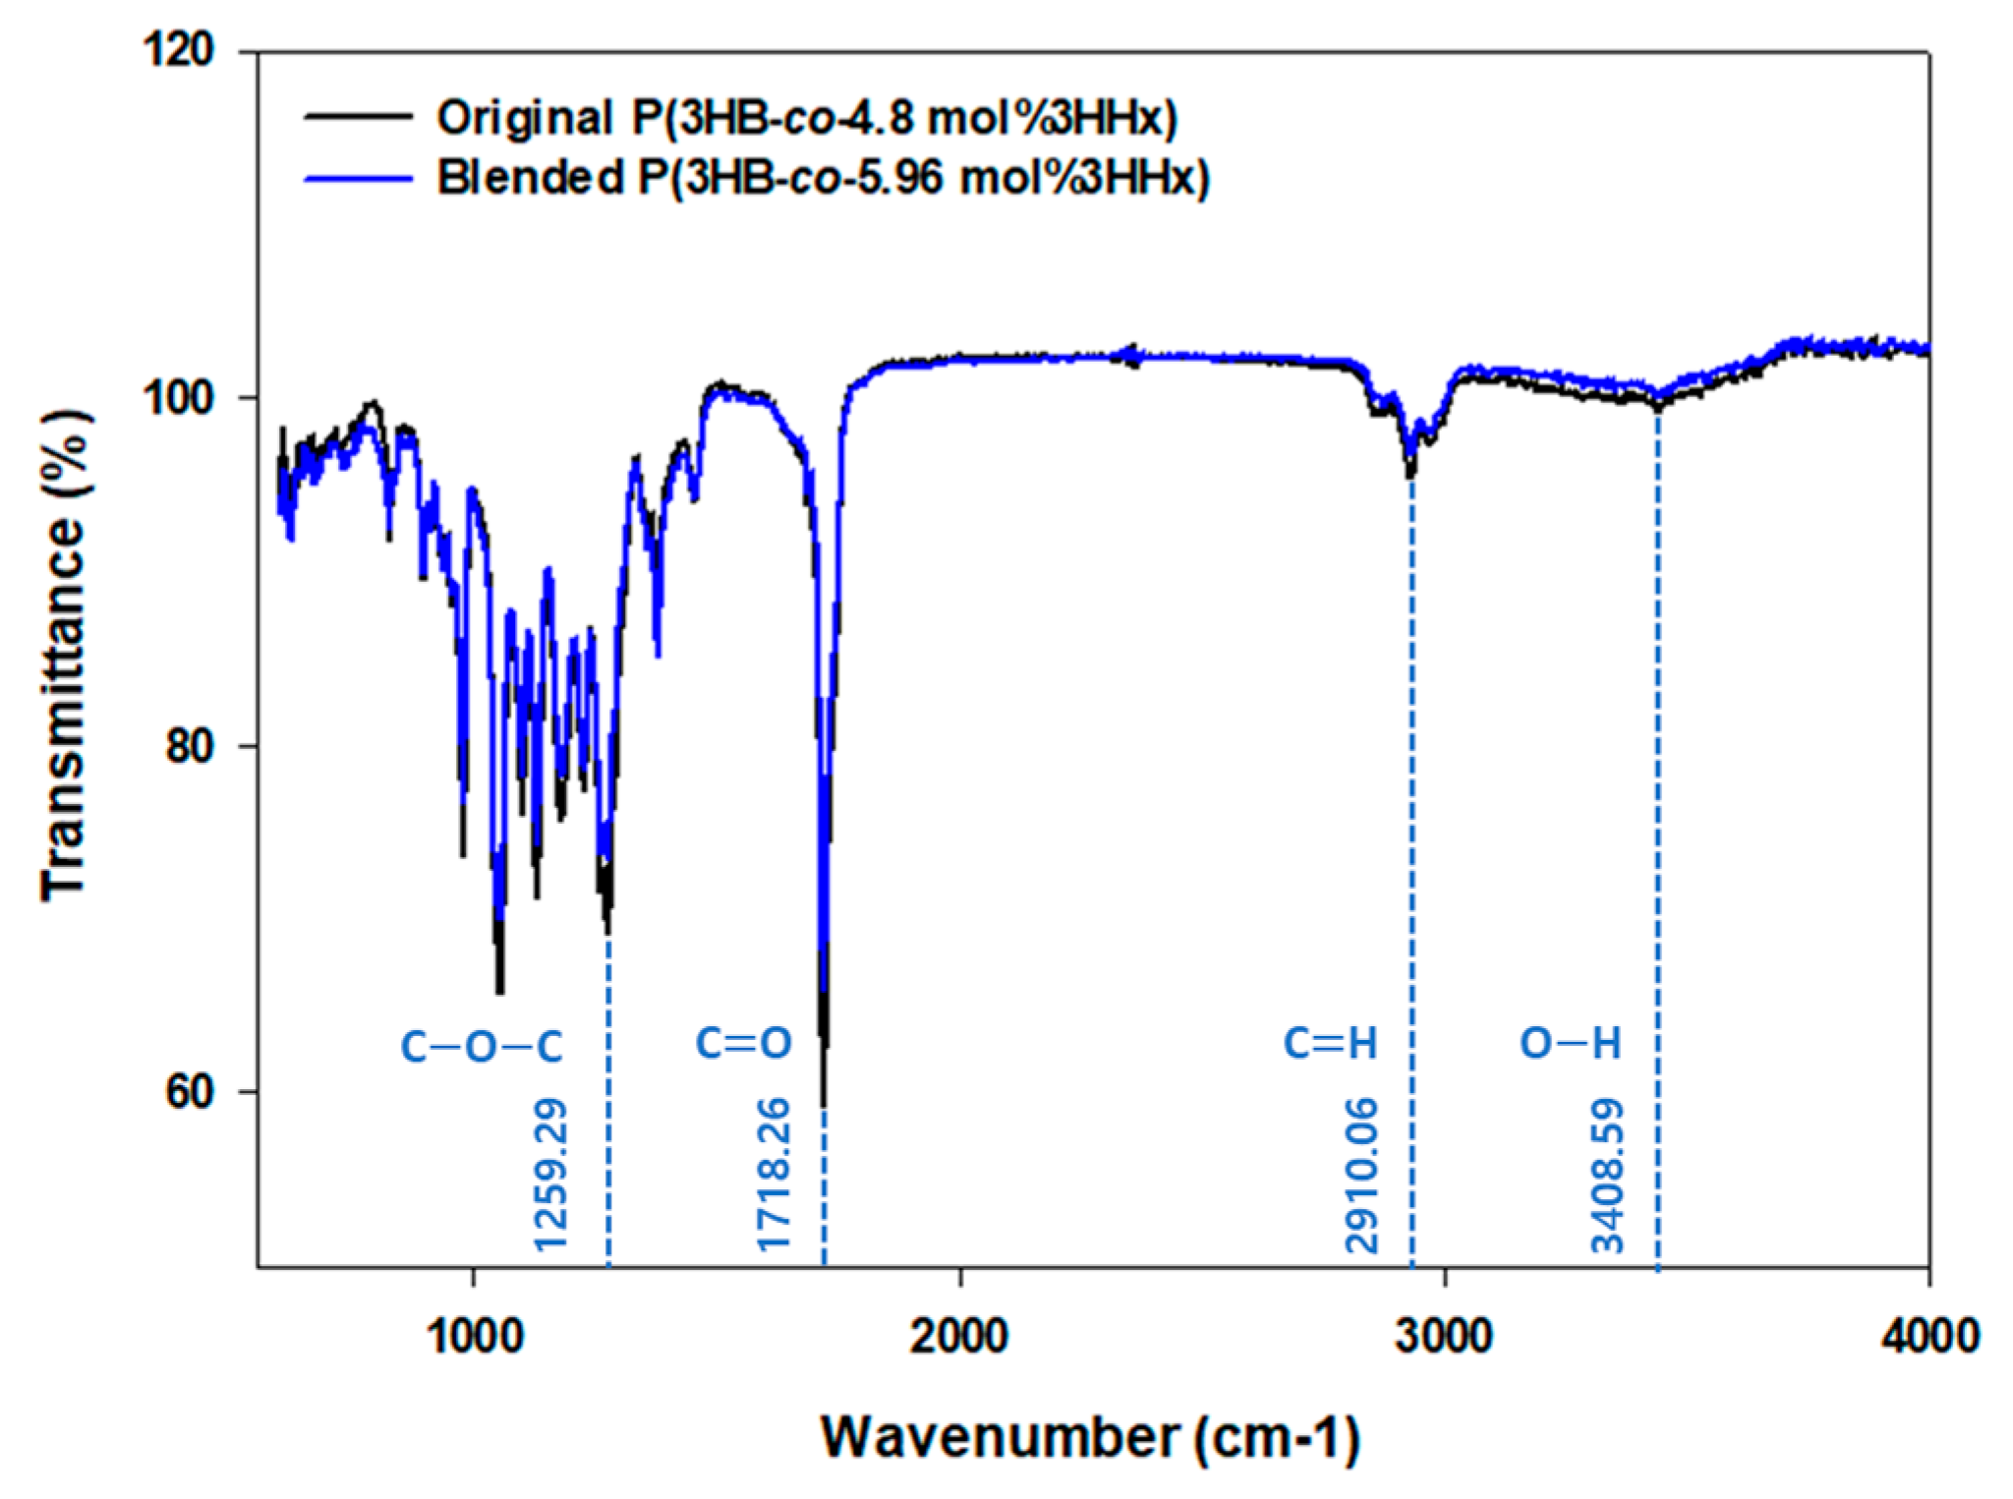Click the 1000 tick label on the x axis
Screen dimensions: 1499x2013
(475, 1336)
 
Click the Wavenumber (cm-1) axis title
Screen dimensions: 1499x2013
(1091, 1437)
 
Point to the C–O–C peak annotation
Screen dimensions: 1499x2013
(482, 1047)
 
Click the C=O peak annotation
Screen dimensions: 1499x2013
(744, 1044)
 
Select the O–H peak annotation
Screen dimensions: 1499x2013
(1570, 1044)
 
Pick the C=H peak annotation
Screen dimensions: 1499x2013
(1331, 1044)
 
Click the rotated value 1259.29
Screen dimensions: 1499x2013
(551, 1185)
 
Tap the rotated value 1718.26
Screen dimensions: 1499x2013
(775, 1185)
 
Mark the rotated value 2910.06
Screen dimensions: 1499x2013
(1362, 1185)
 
